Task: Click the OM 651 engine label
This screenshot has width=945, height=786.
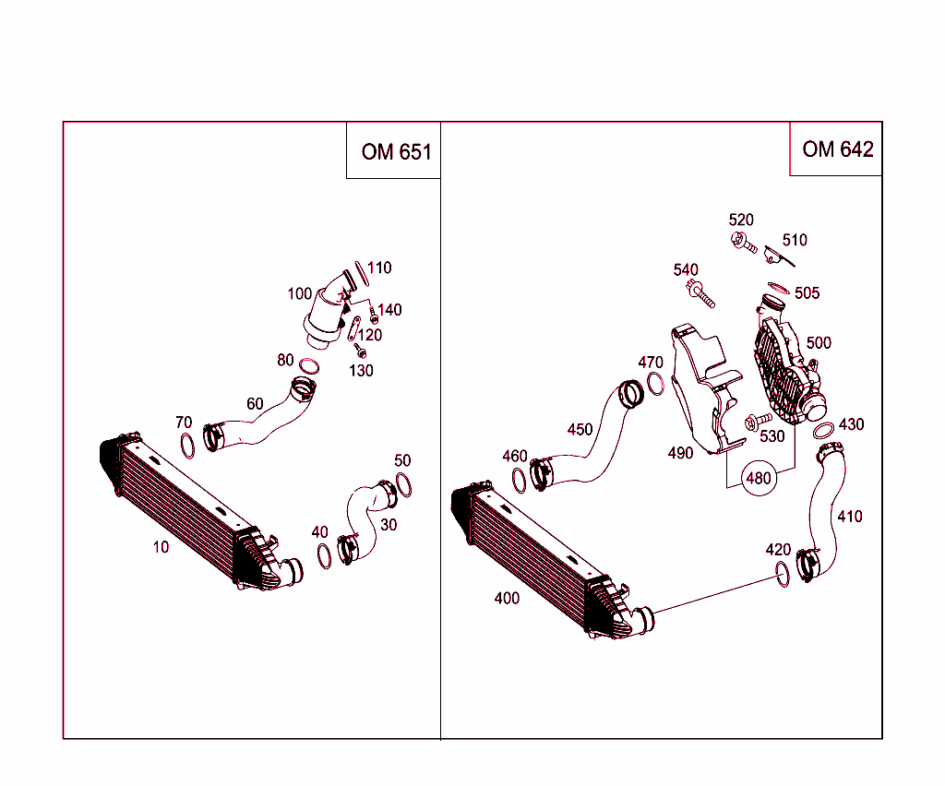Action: [396, 151]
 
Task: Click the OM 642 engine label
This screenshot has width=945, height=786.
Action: [837, 149]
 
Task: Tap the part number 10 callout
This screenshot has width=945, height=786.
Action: [161, 547]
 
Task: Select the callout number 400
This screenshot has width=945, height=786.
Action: [507, 598]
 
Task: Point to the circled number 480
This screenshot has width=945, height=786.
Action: [759, 479]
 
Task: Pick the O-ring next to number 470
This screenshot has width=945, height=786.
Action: [656, 383]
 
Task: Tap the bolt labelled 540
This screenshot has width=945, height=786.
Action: [702, 294]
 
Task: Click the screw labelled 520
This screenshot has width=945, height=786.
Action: [744, 244]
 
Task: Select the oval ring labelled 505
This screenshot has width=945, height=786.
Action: [778, 288]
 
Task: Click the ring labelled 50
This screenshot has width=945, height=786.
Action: [404, 484]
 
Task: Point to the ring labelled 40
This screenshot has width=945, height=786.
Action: [324, 556]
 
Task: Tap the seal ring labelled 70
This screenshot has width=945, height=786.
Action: [186, 445]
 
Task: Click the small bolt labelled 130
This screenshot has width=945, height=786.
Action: [361, 352]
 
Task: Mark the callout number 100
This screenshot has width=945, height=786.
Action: [299, 293]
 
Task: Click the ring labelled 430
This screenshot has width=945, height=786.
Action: [823, 430]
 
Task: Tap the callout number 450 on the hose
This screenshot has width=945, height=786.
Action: [580, 429]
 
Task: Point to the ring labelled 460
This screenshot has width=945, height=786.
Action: [520, 479]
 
